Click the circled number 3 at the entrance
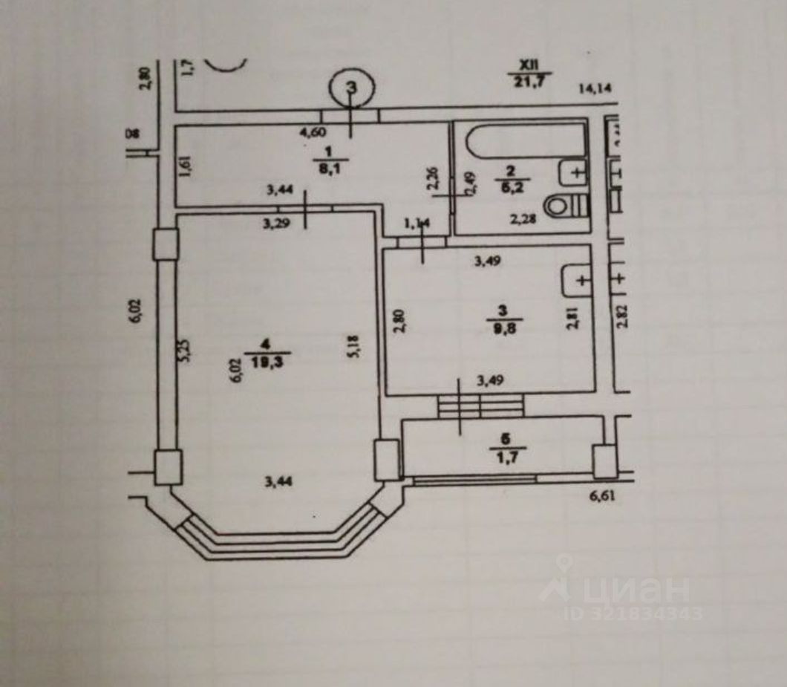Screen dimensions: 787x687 tap(352, 88)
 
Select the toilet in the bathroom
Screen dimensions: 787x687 tap(567, 205)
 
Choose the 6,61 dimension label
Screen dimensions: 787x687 tap(604, 495)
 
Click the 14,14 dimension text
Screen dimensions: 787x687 tap(596, 89)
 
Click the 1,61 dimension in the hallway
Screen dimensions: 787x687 tap(185, 165)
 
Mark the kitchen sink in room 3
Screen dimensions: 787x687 tap(578, 280)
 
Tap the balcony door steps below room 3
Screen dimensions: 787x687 tap(480, 406)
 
